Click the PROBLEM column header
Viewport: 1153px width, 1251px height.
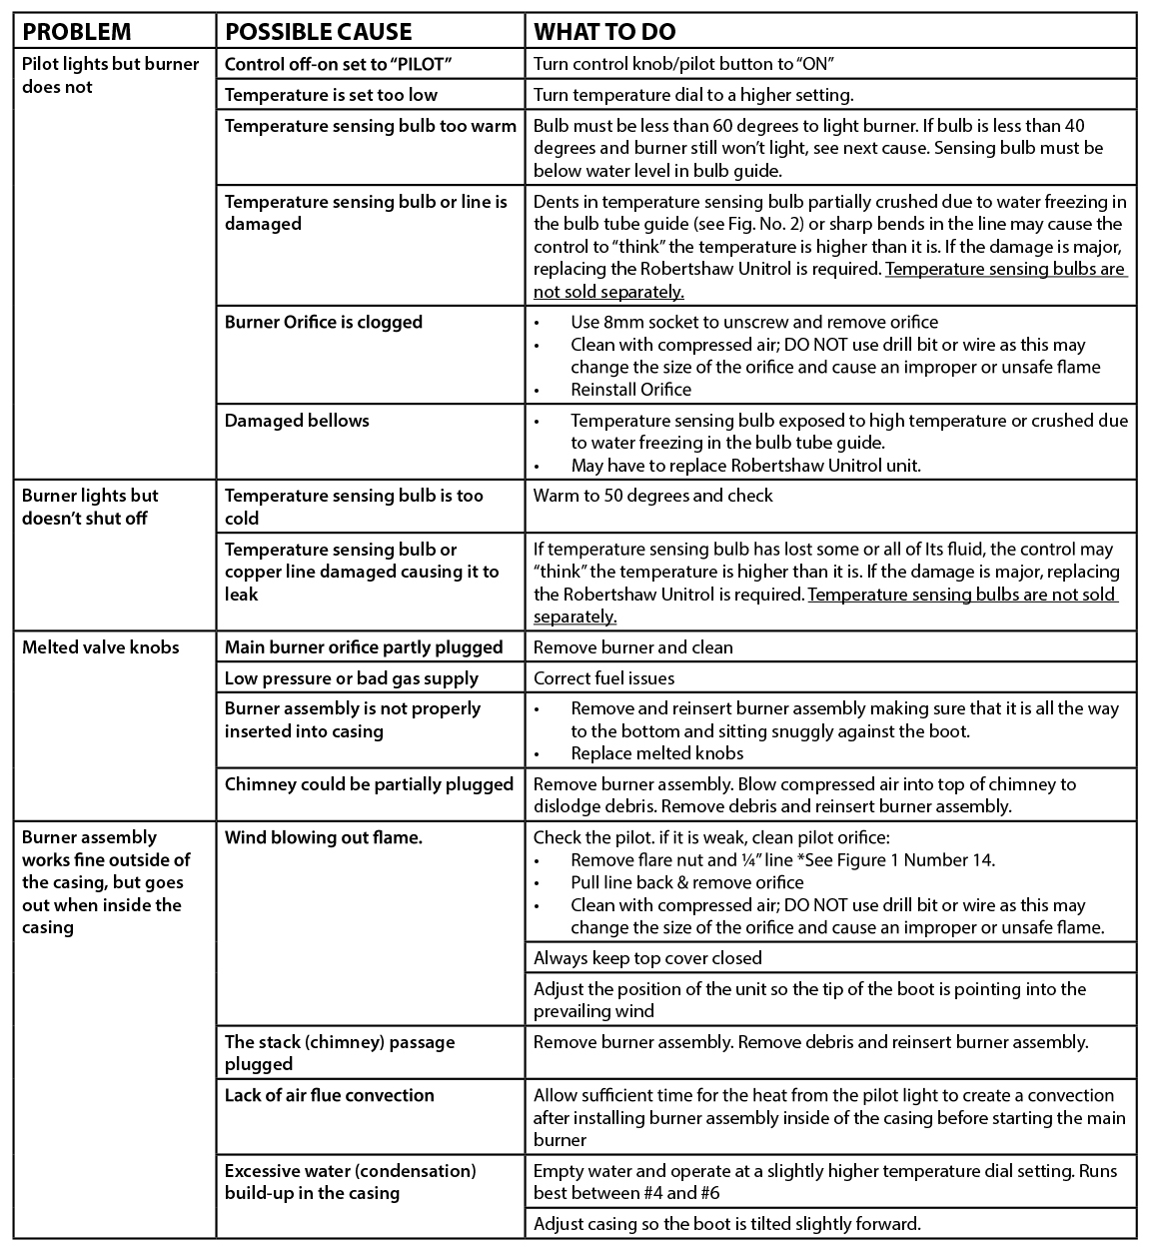76,31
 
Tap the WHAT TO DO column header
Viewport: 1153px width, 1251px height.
618,31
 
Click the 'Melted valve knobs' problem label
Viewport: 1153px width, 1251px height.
100,647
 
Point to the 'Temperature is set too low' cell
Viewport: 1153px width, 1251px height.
331,95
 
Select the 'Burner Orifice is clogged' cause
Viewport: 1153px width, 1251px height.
324,322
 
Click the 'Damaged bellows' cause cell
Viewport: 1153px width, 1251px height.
297,421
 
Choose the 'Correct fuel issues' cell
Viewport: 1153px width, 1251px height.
603,678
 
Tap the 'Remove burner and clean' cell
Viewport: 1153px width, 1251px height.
632,647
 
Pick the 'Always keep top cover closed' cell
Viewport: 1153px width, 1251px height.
647,958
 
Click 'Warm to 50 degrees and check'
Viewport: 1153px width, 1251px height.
652,496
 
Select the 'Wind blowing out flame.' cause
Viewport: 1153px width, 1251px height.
324,837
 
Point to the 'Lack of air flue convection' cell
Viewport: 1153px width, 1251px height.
330,1095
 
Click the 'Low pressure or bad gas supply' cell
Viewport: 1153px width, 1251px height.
352,678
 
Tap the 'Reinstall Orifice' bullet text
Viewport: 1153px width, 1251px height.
630,390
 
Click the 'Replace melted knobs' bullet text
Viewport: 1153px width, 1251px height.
656,753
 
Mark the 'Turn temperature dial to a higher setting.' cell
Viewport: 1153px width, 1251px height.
692,95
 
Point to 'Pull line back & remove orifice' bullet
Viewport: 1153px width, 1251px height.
686,882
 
